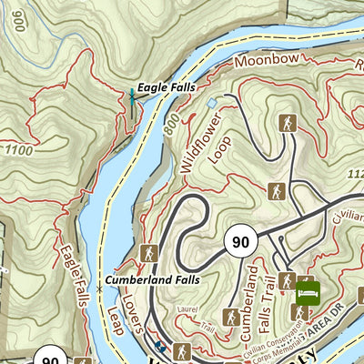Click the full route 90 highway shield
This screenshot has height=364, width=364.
[x=239, y=242]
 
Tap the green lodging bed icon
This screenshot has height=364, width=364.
[x=308, y=292]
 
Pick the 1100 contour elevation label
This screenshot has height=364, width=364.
[x=17, y=149]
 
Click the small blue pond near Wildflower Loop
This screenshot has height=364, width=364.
[x=213, y=105]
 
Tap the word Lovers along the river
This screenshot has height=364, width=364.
[x=127, y=308]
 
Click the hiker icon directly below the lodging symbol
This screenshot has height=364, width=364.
[x=298, y=313]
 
